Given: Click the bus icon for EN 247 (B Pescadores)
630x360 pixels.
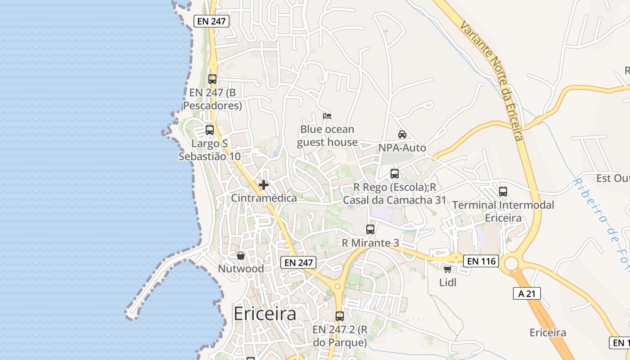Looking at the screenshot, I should coord(212,79).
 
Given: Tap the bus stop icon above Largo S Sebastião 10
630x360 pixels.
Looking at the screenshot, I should coord(210,130).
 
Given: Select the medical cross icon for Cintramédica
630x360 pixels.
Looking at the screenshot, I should coord(264,184).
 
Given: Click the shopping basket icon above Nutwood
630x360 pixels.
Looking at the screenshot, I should coord(241,256).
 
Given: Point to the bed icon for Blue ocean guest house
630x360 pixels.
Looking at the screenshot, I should coord(327,116).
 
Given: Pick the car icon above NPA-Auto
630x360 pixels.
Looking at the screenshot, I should coord(402,134).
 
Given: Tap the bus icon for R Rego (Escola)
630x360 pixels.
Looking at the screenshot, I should coord(395,173).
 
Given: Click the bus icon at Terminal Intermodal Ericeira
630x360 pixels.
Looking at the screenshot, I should coord(503,191).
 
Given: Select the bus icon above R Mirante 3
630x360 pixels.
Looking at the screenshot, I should coord(370,229).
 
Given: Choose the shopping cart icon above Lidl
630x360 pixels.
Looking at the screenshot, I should coord(447,269).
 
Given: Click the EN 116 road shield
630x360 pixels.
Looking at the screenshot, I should coord(481,261).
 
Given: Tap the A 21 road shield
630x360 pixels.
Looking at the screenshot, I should coord(526,293).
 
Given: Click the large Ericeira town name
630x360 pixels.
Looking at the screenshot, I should coord(265,314).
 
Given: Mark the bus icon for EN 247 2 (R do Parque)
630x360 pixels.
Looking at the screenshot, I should coord(340,316).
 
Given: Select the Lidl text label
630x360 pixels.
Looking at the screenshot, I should coord(448,283).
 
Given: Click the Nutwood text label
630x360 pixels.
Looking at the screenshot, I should coord(241,269).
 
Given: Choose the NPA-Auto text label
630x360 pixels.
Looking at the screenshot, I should coord(402,148).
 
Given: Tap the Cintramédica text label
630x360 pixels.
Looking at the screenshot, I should coord(264,198).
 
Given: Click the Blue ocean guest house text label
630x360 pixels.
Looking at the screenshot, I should coord(327,136).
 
